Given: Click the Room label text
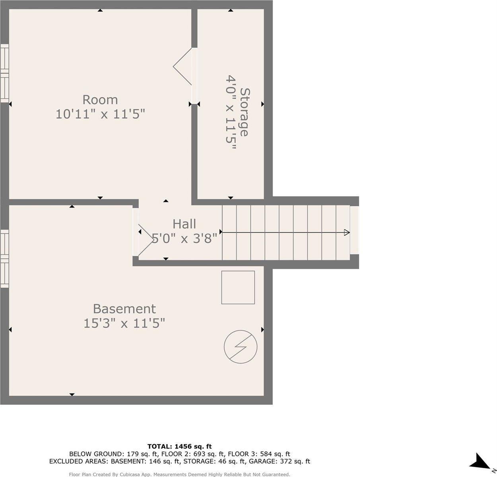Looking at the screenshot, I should pyautogui.click(x=100, y=99).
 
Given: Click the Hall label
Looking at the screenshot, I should pyautogui.click(x=184, y=224).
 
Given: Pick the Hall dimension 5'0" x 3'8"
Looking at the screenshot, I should pyautogui.click(x=185, y=238).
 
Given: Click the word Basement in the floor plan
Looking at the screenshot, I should pyautogui.click(x=124, y=308).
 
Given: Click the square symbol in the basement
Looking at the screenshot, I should pyautogui.click(x=238, y=287).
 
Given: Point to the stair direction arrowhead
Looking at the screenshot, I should pyautogui.click(x=347, y=232).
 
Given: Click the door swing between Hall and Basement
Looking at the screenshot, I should pyautogui.click(x=145, y=238).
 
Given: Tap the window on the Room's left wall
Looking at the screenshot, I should pyautogui.click(x=4, y=73).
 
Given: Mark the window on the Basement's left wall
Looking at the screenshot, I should pyautogui.click(x=4, y=258).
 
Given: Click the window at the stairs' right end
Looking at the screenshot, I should pyautogui.click(x=354, y=230).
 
